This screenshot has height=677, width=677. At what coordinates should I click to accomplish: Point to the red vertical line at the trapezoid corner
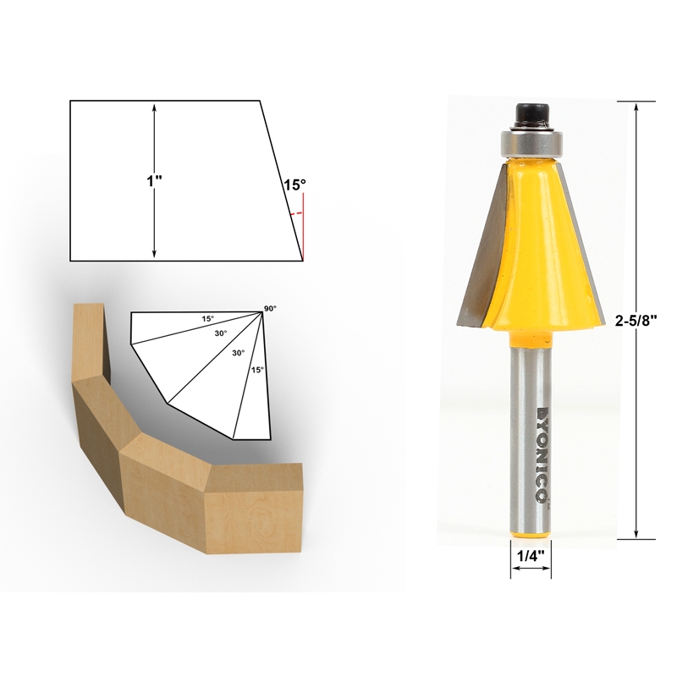[303, 223]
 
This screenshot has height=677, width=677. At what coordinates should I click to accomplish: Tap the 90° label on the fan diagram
[270, 309]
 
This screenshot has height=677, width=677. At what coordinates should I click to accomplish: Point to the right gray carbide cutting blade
[581, 245]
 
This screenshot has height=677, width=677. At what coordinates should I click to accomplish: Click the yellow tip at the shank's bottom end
[531, 539]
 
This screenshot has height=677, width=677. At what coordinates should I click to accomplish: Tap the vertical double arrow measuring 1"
[154, 220]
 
